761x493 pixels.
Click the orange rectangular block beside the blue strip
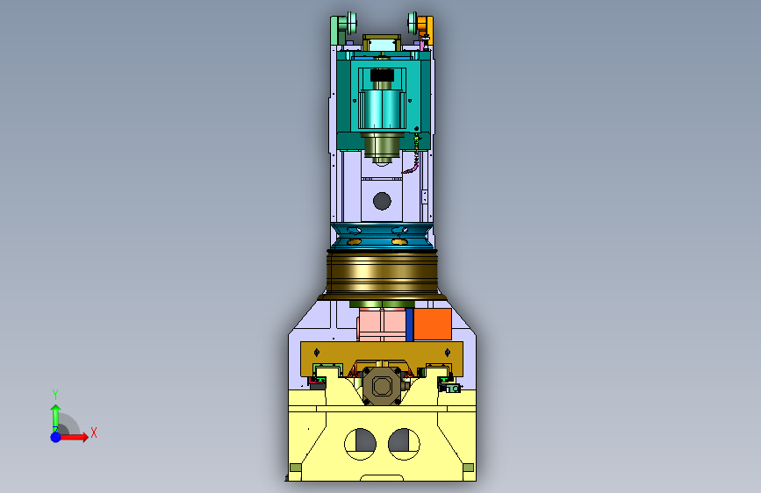(x=433, y=324)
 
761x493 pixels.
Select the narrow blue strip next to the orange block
(x=410, y=325)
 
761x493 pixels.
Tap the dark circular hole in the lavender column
(x=382, y=201)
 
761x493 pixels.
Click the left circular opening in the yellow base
(x=360, y=444)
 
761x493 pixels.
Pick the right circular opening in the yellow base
(x=405, y=444)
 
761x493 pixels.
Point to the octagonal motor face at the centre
(x=382, y=386)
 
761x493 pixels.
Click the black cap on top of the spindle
(x=382, y=75)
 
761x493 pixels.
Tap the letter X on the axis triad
(x=94, y=432)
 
